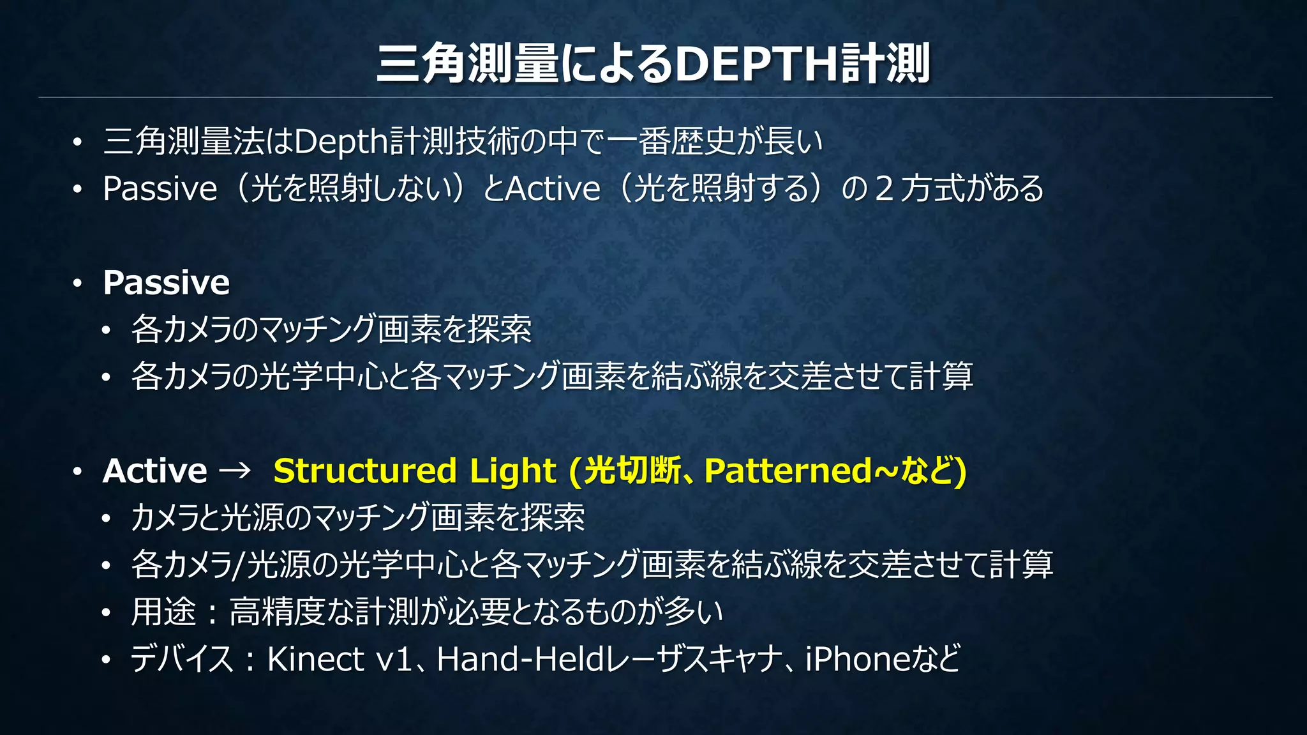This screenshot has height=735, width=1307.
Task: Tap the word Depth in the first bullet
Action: click(x=341, y=142)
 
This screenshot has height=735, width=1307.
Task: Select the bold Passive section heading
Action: click(x=166, y=282)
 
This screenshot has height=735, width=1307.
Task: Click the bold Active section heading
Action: click(x=155, y=471)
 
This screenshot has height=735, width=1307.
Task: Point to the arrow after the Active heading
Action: click(x=234, y=471)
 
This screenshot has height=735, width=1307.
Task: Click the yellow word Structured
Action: click(x=364, y=471)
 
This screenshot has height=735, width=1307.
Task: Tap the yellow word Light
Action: click(x=512, y=471)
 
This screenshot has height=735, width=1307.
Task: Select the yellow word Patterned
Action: click(x=788, y=471)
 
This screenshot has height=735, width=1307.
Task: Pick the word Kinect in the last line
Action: click(x=315, y=659)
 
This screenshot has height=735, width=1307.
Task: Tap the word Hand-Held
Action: click(x=520, y=659)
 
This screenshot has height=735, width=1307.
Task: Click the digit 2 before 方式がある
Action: click(x=885, y=189)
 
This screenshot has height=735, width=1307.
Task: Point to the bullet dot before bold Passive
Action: click(x=77, y=283)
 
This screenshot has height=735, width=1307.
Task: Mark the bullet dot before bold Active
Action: click(x=77, y=472)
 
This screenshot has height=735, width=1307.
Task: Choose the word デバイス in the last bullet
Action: click(x=182, y=659)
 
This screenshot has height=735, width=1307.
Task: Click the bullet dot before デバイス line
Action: click(x=106, y=660)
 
